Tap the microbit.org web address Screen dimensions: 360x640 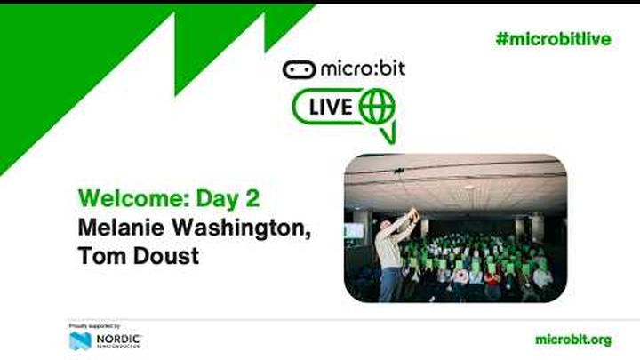pyautogui.click(x=573, y=340)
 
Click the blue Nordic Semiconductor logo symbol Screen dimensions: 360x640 pyautogui.click(x=80, y=340)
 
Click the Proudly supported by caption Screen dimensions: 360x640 pyautogui.click(x=94, y=326)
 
